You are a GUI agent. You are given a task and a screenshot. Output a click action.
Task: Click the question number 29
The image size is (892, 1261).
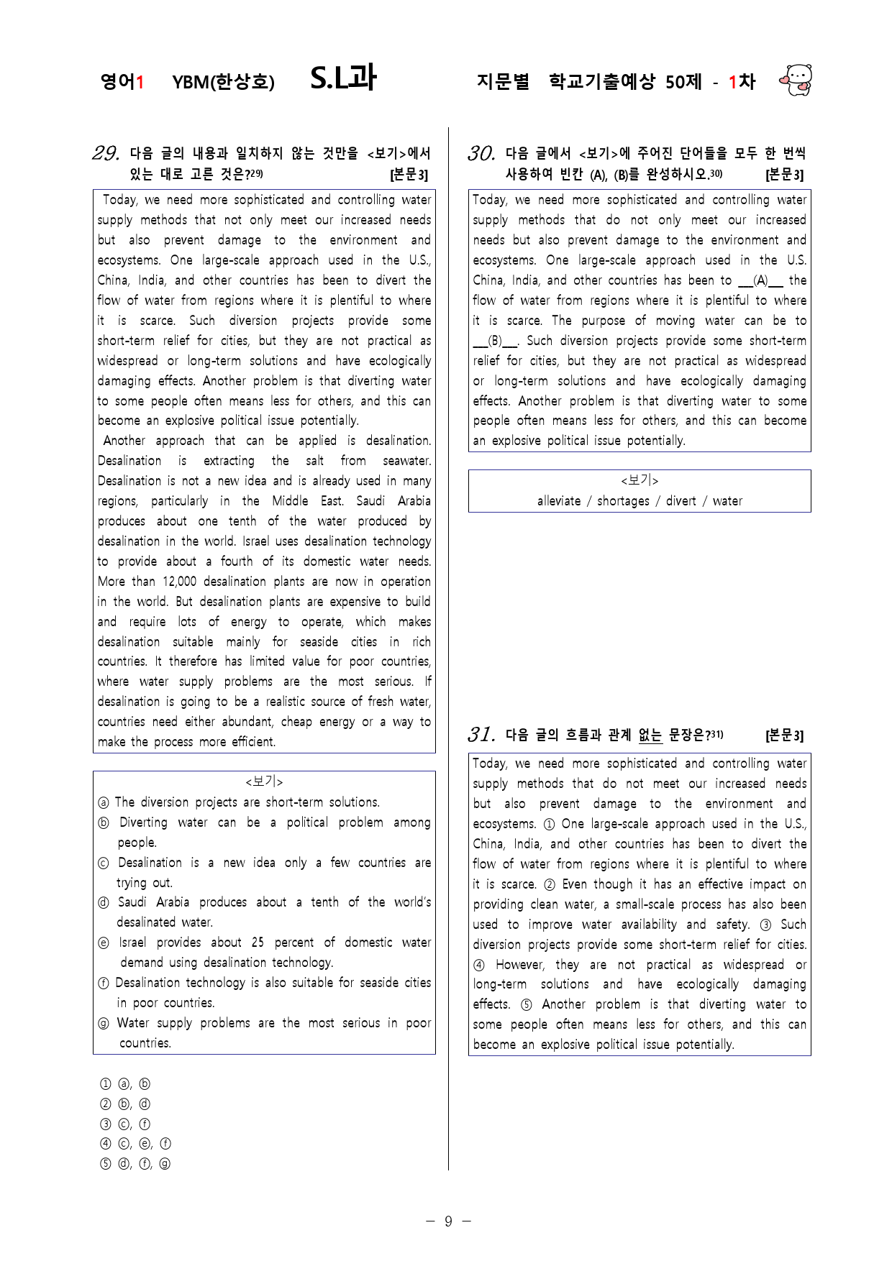tap(106, 153)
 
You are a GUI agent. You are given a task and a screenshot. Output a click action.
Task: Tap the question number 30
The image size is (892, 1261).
tap(481, 153)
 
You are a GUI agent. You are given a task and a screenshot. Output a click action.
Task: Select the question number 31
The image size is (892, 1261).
tap(481, 734)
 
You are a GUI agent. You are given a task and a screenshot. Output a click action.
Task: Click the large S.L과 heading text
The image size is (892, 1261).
tap(343, 78)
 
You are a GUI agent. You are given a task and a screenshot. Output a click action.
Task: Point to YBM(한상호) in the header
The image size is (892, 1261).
tap(223, 82)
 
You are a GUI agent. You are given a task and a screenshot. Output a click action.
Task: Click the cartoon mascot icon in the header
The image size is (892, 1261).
tap(796, 80)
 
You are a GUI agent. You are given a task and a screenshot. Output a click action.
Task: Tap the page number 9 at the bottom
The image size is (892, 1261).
tap(448, 1221)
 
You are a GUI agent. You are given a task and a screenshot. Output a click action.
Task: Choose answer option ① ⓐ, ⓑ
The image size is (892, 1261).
tap(125, 1084)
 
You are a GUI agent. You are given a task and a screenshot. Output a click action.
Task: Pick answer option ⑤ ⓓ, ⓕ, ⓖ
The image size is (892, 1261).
tap(135, 1164)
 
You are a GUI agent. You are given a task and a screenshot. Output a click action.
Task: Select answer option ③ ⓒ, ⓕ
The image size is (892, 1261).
tap(125, 1124)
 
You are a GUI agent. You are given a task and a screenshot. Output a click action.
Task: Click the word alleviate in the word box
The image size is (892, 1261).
tap(559, 501)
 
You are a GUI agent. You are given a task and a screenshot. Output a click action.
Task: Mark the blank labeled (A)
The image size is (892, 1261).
tap(760, 280)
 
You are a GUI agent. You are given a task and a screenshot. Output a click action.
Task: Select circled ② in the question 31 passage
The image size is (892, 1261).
tap(550, 884)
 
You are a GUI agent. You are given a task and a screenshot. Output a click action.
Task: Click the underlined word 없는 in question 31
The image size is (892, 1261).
tap(650, 735)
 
